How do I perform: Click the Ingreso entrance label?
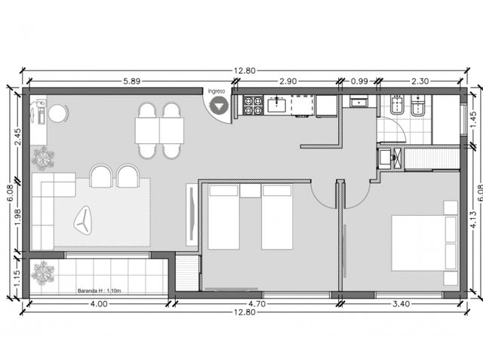(217, 91)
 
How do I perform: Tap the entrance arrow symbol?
(220, 106)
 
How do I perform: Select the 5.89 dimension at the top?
(131, 81)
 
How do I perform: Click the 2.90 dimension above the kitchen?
(288, 81)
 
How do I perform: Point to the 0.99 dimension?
(359, 81)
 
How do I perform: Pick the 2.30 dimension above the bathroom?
(420, 81)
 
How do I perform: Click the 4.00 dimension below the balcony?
(99, 304)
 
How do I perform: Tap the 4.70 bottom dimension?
(257, 304)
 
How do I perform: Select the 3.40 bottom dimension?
(401, 304)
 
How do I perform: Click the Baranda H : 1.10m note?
(99, 290)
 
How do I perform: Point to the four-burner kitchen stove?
(253, 106)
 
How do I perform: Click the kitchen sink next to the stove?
(277, 104)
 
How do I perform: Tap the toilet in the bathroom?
(417, 106)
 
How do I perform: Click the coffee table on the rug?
(82, 220)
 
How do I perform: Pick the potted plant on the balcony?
(42, 273)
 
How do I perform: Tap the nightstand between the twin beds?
(251, 191)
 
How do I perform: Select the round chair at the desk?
(57, 114)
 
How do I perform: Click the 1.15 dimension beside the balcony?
(17, 278)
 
